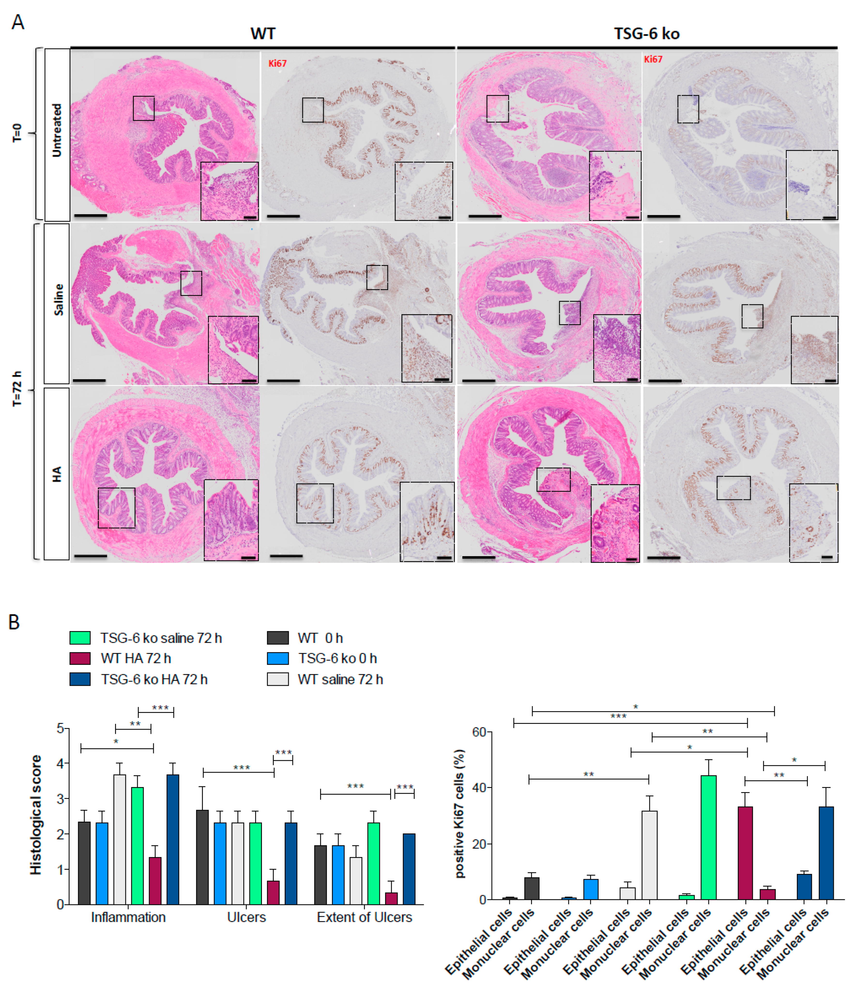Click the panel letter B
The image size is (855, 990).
click(14, 622)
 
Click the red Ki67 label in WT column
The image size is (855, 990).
click(277, 63)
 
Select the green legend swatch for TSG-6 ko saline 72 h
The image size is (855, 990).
click(80, 638)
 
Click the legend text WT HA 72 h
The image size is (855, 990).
click(136, 658)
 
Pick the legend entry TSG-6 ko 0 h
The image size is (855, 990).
click(337, 658)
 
